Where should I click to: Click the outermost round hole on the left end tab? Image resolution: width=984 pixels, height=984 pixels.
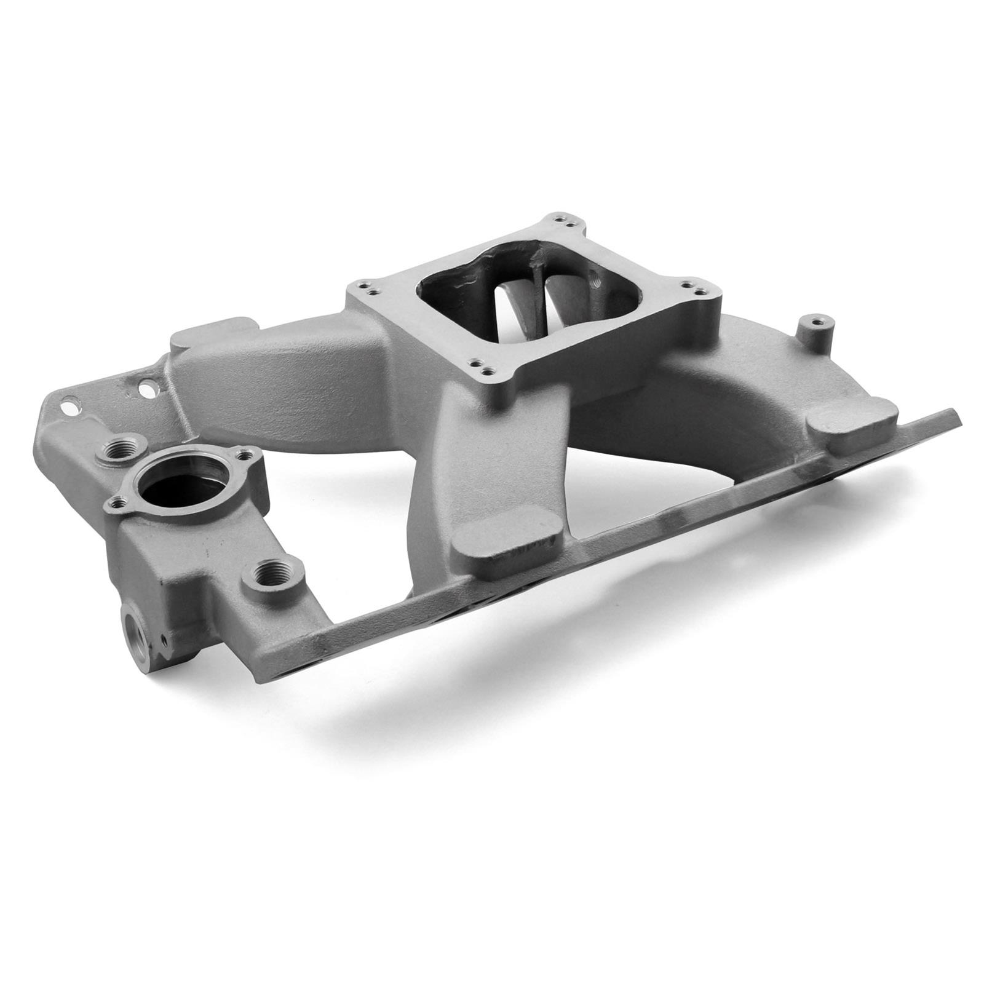(71, 406)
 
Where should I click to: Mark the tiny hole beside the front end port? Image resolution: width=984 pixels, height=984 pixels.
(165, 642)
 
